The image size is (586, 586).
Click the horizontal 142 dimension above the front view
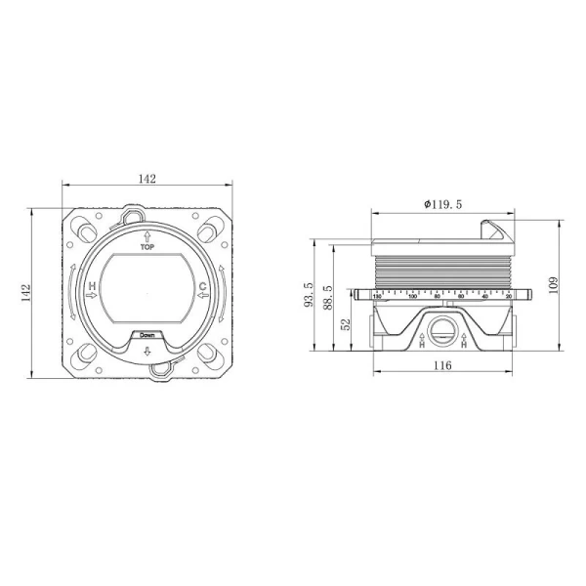(147, 179)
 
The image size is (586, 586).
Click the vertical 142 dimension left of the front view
(26, 292)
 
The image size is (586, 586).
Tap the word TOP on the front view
(147, 248)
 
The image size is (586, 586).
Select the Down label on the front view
(147, 335)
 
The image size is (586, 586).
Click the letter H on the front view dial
(92, 286)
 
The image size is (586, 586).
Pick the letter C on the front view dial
(203, 286)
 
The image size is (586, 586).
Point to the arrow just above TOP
(147, 236)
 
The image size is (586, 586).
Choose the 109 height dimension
(553, 284)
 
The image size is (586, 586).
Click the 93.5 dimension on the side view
(309, 294)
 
